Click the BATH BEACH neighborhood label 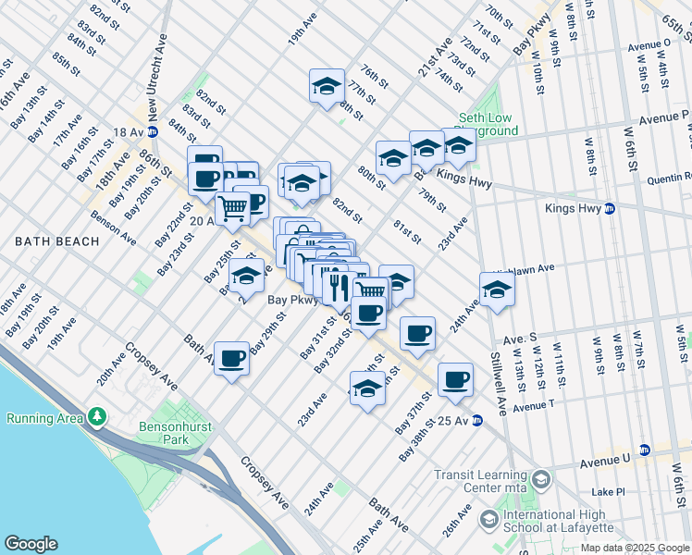(56, 241)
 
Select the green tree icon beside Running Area (96, 418)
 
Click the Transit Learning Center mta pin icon (541, 479)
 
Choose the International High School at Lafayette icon (487, 521)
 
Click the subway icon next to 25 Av (477, 421)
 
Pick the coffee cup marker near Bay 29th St (232, 357)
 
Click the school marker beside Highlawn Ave (497, 290)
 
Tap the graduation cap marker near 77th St (326, 86)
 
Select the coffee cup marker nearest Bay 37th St (455, 378)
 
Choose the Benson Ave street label (114, 228)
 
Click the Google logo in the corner (31, 544)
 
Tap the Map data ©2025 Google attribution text (635, 548)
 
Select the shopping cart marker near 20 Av (233, 207)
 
